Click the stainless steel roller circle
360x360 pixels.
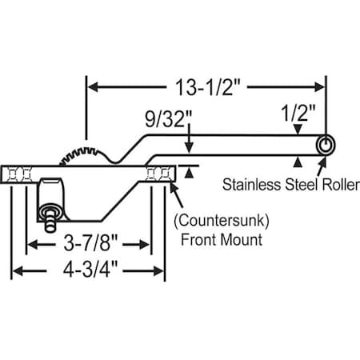(x=325, y=145)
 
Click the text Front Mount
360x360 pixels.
(x=218, y=238)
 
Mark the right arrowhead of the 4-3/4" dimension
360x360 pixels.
(x=159, y=271)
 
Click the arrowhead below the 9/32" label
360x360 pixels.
(x=188, y=147)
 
